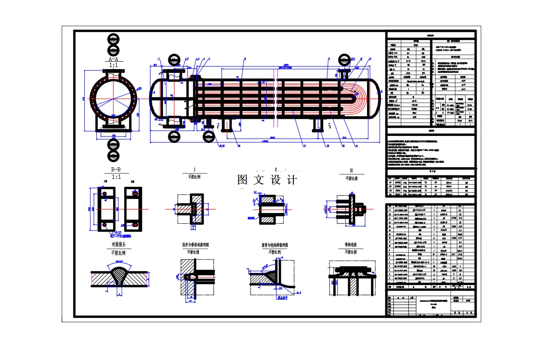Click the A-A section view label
pos(114,59)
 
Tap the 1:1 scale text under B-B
pos(116,177)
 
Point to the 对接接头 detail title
pos(118,245)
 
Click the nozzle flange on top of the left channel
pos(174,71)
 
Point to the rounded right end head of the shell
pos(376,99)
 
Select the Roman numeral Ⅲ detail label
pos(351,170)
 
